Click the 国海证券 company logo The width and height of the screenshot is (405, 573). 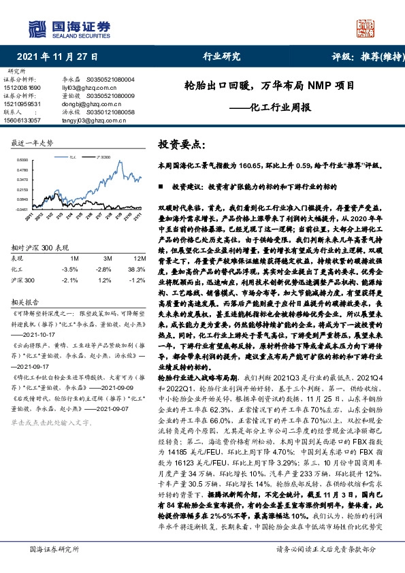point(68,28)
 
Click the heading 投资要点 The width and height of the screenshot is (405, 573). point(181,144)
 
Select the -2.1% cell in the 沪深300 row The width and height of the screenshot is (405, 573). point(70,279)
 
